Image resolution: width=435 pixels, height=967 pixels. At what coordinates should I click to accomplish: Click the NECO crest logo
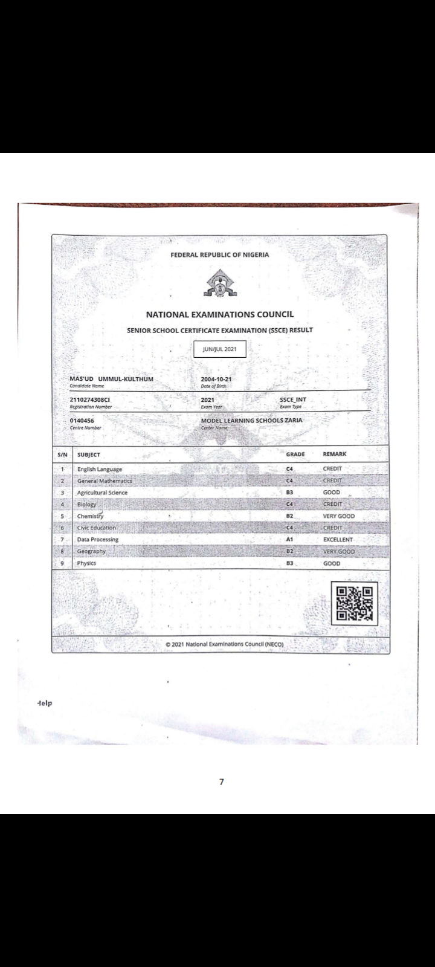coord(220,283)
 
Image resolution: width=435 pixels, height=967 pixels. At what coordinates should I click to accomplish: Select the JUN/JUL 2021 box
coord(220,349)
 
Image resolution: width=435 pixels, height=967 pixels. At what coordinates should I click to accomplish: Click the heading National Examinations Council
coord(220,314)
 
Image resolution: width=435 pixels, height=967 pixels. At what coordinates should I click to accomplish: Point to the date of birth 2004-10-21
coord(216,379)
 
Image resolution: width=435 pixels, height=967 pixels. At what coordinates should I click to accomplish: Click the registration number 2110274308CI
coord(90,400)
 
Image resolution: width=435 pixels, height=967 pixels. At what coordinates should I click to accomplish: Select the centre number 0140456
coord(82,421)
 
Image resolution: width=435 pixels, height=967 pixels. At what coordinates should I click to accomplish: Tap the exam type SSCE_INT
coord(293,400)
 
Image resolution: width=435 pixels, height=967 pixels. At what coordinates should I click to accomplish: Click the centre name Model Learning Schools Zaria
coord(252,421)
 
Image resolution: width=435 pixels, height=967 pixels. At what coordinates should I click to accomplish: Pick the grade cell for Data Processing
coord(290,540)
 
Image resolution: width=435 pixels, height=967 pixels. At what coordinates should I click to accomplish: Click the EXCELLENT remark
coord(338,540)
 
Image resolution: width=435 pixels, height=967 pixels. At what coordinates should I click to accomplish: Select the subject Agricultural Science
coord(102,493)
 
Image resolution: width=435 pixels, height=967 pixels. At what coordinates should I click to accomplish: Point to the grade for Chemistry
coord(290,516)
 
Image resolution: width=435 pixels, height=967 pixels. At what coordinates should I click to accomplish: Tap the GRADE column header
coord(295,454)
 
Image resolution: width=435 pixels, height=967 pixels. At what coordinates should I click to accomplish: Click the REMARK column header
coord(335,454)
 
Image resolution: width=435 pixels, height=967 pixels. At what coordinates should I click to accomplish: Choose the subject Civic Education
coord(97,528)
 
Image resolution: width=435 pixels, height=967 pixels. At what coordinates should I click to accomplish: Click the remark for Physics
coord(332,563)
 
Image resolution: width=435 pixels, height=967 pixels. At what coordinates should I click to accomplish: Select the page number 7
coord(222,782)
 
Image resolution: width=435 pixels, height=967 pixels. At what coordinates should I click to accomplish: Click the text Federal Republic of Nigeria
coord(220,255)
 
